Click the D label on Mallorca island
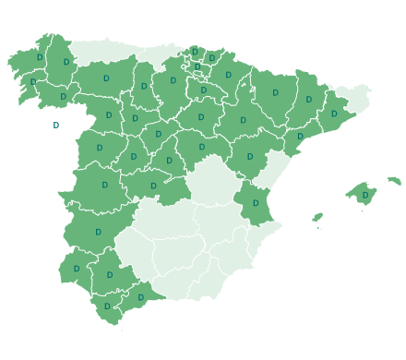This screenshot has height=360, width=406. coord(365,196)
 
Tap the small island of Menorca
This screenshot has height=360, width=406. coord(394,181)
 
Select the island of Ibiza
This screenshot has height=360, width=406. coord(317,219)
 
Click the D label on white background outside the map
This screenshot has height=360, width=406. coord(55,126)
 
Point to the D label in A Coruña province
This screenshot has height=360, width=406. coord(40,57)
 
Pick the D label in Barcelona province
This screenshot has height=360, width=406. coord(334,114)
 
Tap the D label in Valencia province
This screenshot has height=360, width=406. coord(256,203)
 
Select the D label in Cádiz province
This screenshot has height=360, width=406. coord(107,306)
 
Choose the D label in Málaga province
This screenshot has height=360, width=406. coord(140,297)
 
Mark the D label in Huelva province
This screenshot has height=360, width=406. coord(76,270)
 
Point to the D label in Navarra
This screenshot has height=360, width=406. coord(228,76)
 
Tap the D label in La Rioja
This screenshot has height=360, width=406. coord(203,90)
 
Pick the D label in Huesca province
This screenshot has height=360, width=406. coord(275,93)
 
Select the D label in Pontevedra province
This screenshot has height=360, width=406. coord(33,82)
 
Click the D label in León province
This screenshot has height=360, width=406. coord(106,78)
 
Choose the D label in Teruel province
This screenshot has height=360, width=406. coord(250,157)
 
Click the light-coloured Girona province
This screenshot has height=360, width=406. coord(352,96)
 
